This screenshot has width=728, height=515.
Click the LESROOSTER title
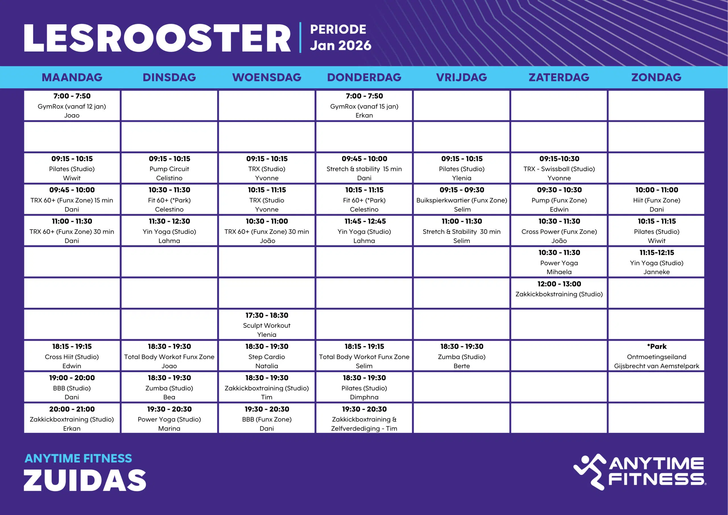[x=157, y=38]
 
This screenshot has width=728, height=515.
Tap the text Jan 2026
[x=340, y=45]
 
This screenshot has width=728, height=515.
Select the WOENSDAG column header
[x=267, y=77]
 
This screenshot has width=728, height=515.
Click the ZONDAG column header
[x=656, y=77]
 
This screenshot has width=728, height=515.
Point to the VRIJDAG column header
[x=461, y=77]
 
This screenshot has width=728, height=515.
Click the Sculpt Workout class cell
[x=267, y=325]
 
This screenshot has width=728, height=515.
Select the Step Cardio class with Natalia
[x=267, y=356]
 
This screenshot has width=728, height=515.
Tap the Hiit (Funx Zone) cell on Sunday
[x=656, y=199]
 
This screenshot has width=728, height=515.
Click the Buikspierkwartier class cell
[x=462, y=199]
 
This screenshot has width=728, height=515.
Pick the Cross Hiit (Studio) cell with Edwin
[x=72, y=356]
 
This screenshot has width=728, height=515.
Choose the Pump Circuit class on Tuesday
[x=169, y=168]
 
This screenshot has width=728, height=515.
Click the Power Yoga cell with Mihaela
[x=559, y=262]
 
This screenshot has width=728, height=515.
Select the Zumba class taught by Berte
[x=462, y=356]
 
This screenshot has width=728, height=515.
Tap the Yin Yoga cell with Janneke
[x=656, y=262]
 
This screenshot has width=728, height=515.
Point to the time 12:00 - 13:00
[x=559, y=284]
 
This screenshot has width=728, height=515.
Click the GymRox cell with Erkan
[x=364, y=105]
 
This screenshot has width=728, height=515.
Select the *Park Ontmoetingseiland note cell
[x=656, y=356]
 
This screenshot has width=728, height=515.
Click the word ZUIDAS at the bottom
[x=85, y=480]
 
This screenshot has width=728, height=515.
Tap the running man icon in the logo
[x=590, y=471]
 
